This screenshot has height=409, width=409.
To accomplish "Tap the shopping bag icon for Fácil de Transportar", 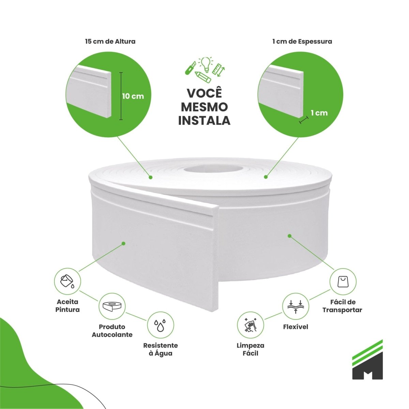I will (343, 282).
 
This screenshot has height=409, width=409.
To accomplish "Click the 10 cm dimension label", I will (133, 96).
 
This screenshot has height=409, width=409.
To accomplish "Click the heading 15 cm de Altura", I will (110, 41).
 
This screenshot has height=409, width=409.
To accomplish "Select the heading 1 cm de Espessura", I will (302, 41).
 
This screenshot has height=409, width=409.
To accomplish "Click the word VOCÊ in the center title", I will (204, 94).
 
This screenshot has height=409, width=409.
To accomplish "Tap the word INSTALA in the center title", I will (204, 120).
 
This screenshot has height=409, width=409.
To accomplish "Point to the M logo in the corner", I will (367, 362).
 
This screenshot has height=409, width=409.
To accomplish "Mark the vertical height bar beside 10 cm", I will (120, 96).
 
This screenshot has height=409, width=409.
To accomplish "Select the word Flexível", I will (296, 327).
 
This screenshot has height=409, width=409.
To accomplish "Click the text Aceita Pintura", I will (67, 305).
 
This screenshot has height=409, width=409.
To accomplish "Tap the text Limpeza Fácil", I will (250, 349).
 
